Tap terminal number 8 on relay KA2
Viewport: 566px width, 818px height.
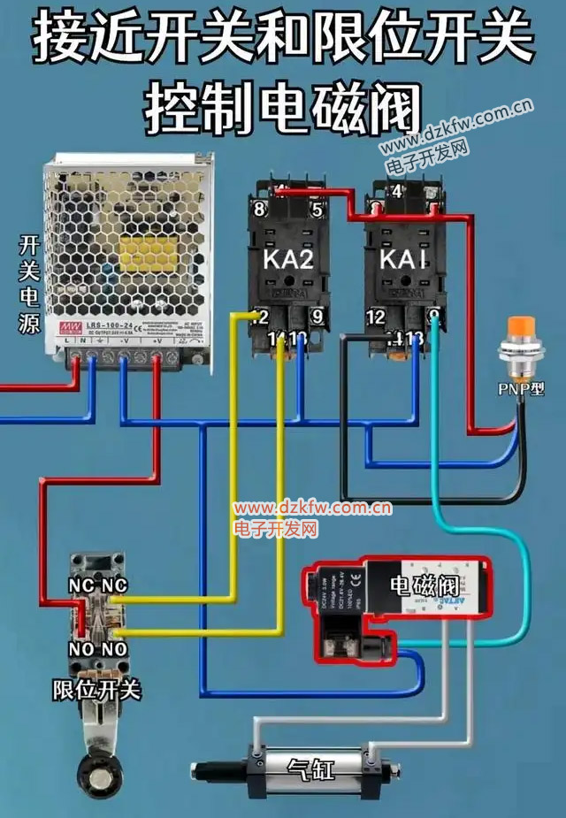click(x=259, y=210)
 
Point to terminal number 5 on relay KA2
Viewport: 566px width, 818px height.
click(x=316, y=210)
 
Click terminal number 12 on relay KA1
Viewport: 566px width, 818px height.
click(x=376, y=317)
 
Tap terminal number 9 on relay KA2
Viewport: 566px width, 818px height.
click(x=316, y=317)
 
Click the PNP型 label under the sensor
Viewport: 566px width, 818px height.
click(x=523, y=388)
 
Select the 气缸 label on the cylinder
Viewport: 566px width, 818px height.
click(x=312, y=769)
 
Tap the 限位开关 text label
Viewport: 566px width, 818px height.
click(x=96, y=689)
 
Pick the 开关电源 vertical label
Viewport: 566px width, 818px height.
click(x=28, y=283)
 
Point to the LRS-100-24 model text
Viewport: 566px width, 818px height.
click(x=108, y=327)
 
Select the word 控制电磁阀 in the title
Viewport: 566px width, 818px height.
click(x=282, y=106)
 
